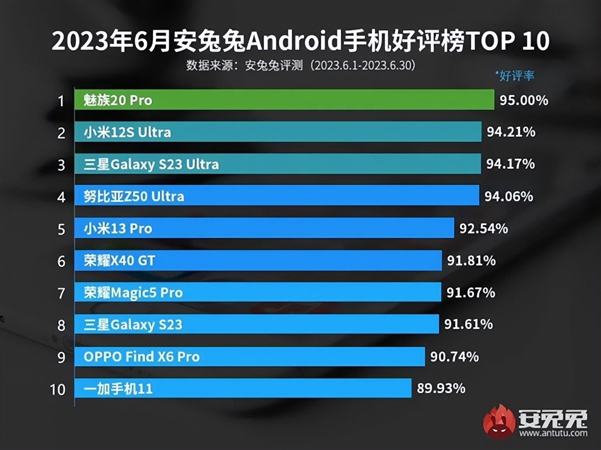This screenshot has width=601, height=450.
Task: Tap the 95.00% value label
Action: [524, 100]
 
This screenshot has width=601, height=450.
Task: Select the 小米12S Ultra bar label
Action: [127, 132]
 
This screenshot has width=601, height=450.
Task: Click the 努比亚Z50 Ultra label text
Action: [134, 196]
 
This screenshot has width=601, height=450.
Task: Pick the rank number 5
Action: [61, 230]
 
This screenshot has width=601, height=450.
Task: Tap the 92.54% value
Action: [483, 229]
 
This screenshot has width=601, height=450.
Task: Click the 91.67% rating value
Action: [471, 293]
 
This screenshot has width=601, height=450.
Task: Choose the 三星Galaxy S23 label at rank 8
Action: [133, 325]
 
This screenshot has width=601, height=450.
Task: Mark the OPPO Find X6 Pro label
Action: [142, 357]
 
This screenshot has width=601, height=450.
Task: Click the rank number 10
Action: [58, 389]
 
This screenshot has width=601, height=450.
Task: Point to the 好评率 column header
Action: [515, 76]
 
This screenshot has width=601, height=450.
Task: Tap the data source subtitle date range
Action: [365, 66]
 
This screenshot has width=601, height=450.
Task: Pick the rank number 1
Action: [61, 101]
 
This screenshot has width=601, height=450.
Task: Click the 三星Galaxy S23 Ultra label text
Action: [151, 164]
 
